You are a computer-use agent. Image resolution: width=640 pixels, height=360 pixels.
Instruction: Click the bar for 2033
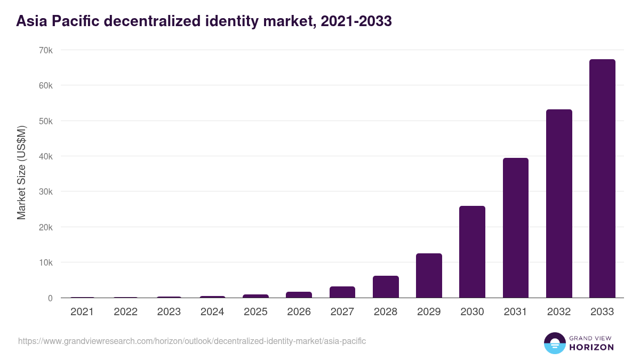pyautogui.click(x=602, y=179)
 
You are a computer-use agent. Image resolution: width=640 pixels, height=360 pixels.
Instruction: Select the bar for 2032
pyautogui.click(x=559, y=204)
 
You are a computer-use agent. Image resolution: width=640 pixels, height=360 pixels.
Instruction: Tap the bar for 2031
pyautogui.click(x=515, y=228)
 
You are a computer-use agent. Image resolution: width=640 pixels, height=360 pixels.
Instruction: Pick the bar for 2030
pyautogui.click(x=472, y=252)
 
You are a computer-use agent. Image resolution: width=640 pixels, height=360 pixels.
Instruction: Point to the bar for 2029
pyautogui.click(x=429, y=276)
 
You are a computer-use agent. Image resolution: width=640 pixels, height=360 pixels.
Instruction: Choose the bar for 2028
pyautogui.click(x=386, y=287)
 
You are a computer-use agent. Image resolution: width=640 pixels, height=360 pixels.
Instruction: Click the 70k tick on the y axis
pyautogui.click(x=45, y=50)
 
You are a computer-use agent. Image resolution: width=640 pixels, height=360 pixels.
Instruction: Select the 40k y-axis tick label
pyautogui.click(x=45, y=156)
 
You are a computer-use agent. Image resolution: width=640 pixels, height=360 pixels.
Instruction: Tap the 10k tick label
pyautogui.click(x=45, y=262)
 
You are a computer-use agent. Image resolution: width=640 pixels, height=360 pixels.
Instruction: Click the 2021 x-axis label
pyautogui.click(x=82, y=312)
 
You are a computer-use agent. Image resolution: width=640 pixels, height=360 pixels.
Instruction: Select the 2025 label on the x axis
pyautogui.click(x=255, y=312)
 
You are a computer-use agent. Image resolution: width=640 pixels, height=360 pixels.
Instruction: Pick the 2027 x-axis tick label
pyautogui.click(x=342, y=312)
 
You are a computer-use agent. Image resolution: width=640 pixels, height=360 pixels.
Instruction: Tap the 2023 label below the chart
pyautogui.click(x=169, y=312)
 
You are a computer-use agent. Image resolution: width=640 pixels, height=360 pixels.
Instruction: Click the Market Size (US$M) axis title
pyautogui.click(x=21, y=173)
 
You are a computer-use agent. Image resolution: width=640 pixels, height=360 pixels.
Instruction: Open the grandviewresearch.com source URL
pyautogui.click(x=192, y=341)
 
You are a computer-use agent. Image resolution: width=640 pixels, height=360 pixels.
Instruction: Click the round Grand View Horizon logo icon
pyautogui.click(x=554, y=343)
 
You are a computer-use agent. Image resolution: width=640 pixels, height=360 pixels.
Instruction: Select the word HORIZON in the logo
pyautogui.click(x=591, y=347)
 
